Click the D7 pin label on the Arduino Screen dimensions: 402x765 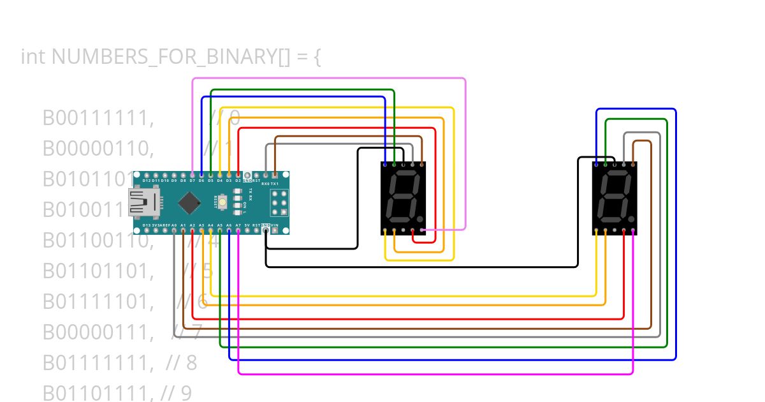193,181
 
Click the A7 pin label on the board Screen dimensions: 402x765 238,225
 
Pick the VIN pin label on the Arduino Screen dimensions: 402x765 275,225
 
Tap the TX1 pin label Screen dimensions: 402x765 275,183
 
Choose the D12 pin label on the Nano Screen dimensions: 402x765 147,181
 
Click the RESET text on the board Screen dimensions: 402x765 216,202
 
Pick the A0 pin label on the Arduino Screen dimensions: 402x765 174,225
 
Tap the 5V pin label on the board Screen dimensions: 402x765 247,225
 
